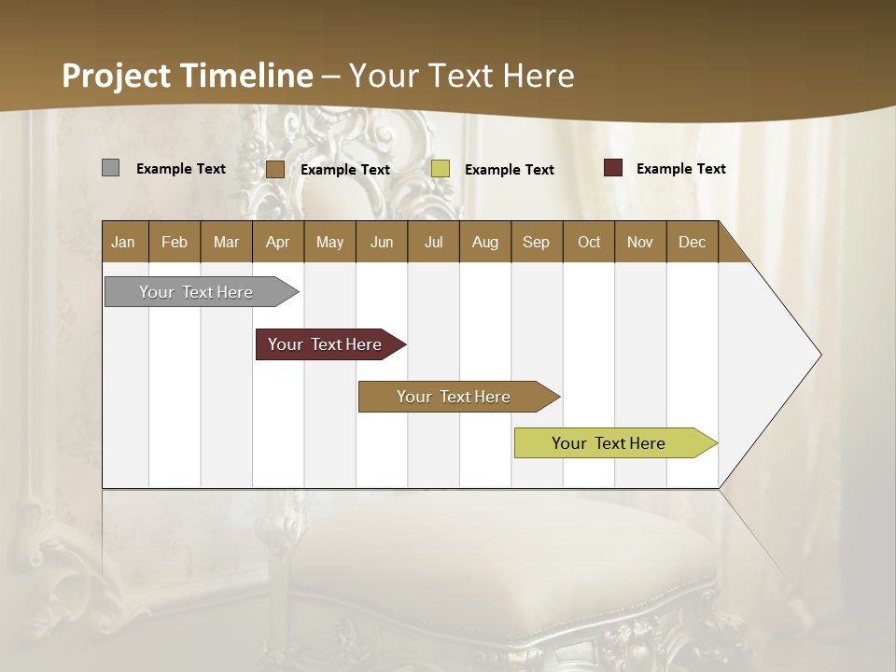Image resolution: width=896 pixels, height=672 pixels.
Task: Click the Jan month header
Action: (123, 242)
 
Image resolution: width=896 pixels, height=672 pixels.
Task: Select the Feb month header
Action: (175, 242)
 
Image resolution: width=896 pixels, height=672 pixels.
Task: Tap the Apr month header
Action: (277, 242)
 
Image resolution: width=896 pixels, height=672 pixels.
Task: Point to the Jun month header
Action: (382, 242)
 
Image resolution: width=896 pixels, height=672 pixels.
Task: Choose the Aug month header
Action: (484, 242)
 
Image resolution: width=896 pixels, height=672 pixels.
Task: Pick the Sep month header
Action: (536, 242)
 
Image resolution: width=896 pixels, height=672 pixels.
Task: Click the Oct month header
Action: (589, 242)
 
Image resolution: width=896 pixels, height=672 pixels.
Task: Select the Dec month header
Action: (692, 242)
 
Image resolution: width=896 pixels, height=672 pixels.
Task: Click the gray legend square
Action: (110, 168)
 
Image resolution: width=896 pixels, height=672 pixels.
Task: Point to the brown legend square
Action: (274, 169)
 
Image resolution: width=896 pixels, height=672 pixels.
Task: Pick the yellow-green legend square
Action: (441, 169)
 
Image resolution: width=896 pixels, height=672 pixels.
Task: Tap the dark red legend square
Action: (612, 168)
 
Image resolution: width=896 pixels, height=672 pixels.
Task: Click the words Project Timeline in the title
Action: (188, 75)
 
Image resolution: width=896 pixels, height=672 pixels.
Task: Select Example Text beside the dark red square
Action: (680, 168)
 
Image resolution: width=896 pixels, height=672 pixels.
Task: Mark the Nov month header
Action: (639, 242)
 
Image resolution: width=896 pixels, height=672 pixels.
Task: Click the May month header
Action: (329, 242)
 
